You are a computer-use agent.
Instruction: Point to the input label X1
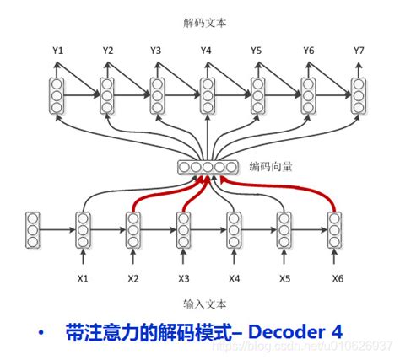pos(83,277)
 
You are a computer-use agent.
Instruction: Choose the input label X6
pos(337,277)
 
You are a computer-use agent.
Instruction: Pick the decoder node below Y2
pos(107,95)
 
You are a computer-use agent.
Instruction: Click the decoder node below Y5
pos(257,95)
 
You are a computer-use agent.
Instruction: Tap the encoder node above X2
pos(133,228)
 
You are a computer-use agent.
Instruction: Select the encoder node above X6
pos(335,228)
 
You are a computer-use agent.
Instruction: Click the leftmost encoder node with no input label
pos(33,228)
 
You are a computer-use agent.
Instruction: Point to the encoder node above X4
pos(234,228)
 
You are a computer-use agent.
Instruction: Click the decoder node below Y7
pos(359,95)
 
